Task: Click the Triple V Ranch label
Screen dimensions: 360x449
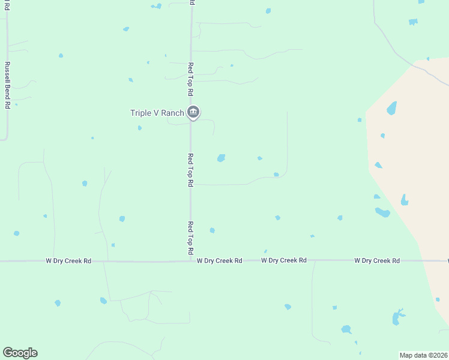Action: tap(157, 113)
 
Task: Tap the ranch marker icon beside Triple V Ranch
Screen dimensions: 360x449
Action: tap(193, 112)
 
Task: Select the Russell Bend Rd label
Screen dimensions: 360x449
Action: tap(7, 85)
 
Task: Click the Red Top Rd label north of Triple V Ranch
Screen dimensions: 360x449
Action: tap(190, 79)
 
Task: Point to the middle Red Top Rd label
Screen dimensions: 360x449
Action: tap(190, 169)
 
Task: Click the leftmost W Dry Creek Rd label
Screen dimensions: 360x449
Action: tap(68, 261)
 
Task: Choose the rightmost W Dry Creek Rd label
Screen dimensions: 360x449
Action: tap(377, 260)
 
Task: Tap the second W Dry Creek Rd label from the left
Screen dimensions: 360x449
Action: tap(219, 260)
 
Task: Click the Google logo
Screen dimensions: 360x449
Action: tap(20, 353)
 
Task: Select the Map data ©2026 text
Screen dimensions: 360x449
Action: tap(423, 355)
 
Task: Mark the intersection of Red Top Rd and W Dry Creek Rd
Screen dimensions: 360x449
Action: tap(191, 260)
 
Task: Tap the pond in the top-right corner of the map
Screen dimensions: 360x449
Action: tap(413, 22)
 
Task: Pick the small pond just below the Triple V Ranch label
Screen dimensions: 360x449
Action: tap(140, 128)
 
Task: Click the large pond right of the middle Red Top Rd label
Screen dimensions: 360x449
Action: tap(221, 158)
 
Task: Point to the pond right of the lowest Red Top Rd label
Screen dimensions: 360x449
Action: tap(212, 230)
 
